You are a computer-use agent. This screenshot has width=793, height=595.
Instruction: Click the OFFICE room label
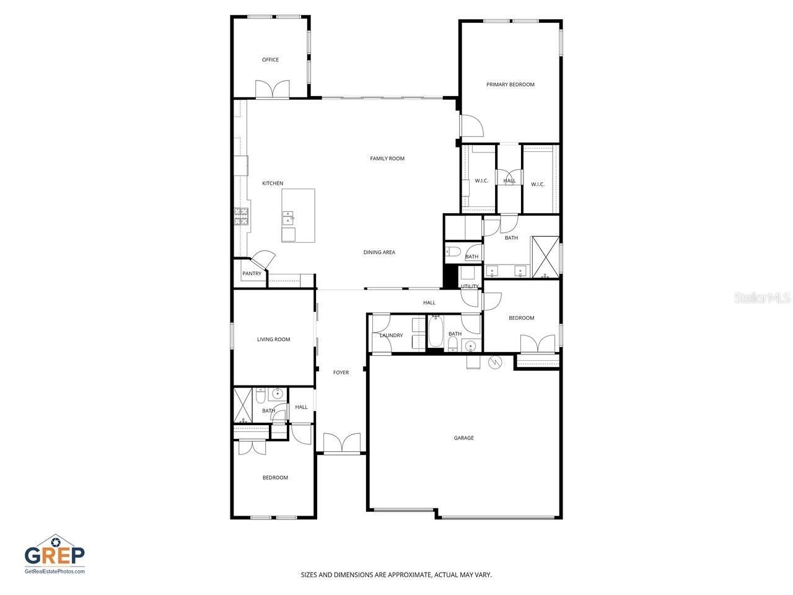coord(270,60)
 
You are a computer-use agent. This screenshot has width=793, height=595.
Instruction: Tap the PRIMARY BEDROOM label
coord(510,85)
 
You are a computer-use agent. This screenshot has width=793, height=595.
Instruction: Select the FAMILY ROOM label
coord(387,159)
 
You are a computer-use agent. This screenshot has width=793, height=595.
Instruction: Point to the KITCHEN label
coord(273,183)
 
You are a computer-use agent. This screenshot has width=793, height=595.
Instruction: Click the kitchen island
coord(298,216)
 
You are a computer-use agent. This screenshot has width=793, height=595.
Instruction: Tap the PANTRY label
coord(252,274)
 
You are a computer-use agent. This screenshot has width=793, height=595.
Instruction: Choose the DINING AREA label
coord(379,253)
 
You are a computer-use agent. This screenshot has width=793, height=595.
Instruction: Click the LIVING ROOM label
coord(274,340)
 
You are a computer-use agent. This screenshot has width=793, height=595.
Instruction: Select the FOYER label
coord(341,373)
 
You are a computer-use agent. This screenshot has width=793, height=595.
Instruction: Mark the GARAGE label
coord(463,438)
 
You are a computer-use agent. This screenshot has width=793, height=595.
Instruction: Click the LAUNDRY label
coord(392,336)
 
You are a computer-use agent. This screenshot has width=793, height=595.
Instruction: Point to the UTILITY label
coord(470,287)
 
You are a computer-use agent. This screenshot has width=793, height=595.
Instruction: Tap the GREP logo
coord(55,553)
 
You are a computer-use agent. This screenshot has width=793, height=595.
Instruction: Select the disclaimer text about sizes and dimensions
coord(396,575)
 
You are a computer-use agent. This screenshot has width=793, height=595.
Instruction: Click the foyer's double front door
coord(341,443)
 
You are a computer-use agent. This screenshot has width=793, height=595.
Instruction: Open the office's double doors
coord(273,89)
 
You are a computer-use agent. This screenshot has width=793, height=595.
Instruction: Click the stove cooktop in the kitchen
coord(241,216)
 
